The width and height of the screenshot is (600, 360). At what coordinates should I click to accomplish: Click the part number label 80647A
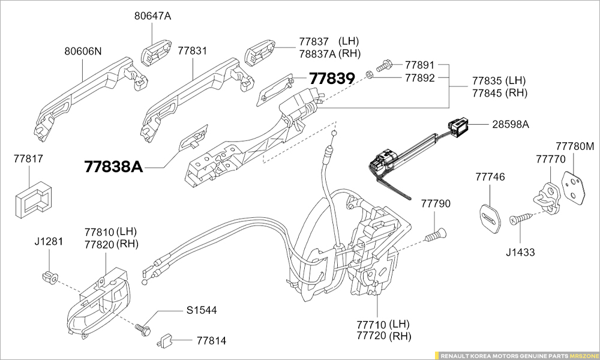coord(152,16)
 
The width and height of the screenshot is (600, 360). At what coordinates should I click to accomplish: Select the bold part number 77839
coord(332,78)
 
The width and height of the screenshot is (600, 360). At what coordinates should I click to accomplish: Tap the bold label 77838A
coord(113,166)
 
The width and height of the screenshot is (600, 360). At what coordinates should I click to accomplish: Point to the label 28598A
coord(511,124)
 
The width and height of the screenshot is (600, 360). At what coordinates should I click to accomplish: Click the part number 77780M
coord(574,146)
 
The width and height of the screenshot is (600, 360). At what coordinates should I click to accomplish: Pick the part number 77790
coord(435,204)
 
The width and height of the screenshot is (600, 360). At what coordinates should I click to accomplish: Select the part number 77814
coord(212,341)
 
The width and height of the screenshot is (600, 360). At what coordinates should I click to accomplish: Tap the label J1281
coord(48,241)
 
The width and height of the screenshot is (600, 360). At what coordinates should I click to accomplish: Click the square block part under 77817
coord(32,197)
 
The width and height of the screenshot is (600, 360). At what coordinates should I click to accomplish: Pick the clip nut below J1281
coord(49,277)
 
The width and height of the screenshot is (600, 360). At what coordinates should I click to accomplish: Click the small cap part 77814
coord(165,341)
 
